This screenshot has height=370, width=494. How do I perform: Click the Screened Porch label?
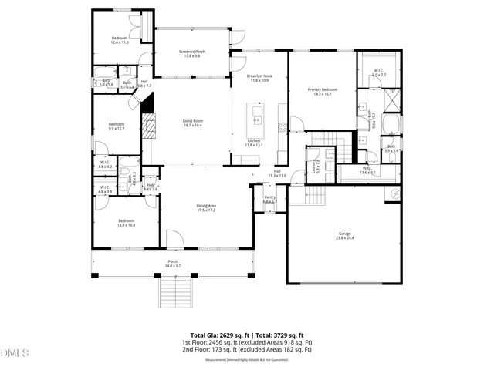coord(193,53)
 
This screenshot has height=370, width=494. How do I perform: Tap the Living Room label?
coord(192,123)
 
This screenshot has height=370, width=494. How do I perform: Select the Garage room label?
coord(344,235)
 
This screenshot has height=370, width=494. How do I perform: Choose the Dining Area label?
coord(206,207)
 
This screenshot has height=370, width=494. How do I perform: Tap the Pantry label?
coord(269,199)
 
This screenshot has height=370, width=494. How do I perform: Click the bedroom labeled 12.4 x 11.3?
coord(119,40)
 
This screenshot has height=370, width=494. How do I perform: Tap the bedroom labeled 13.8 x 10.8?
coord(127,223)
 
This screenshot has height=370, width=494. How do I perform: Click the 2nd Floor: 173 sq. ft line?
coord(245,348)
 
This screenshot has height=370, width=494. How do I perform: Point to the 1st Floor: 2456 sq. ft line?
coord(245,341)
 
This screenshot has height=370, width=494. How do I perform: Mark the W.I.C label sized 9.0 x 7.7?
coord(379,72)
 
